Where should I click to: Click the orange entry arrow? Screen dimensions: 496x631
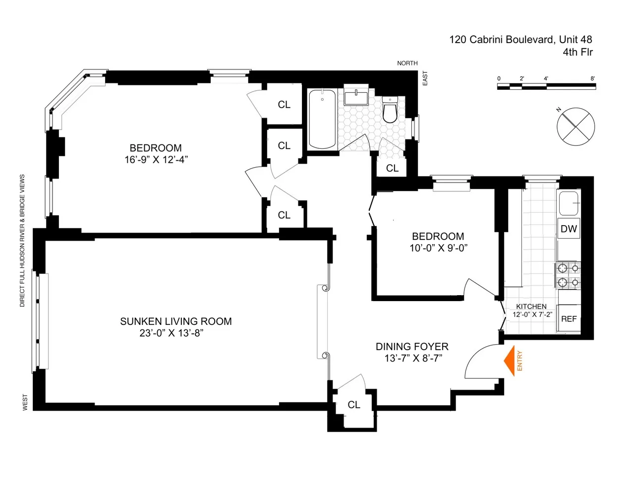(509, 361)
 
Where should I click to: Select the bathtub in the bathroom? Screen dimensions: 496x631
(322, 119)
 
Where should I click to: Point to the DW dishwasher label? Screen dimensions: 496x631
(569, 229)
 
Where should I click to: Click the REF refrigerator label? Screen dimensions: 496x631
(569, 319)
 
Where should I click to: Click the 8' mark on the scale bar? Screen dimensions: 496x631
(593, 78)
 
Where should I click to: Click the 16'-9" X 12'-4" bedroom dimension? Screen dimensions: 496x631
(156, 160)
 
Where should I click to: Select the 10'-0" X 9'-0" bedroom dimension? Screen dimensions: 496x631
(438, 248)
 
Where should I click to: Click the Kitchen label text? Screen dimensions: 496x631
(531, 307)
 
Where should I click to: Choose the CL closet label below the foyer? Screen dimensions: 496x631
(354, 405)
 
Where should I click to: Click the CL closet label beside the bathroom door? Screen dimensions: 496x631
(392, 168)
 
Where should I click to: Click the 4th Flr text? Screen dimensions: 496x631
(577, 52)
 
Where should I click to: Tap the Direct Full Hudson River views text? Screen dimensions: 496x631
(22, 241)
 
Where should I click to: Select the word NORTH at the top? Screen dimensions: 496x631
(407, 63)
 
